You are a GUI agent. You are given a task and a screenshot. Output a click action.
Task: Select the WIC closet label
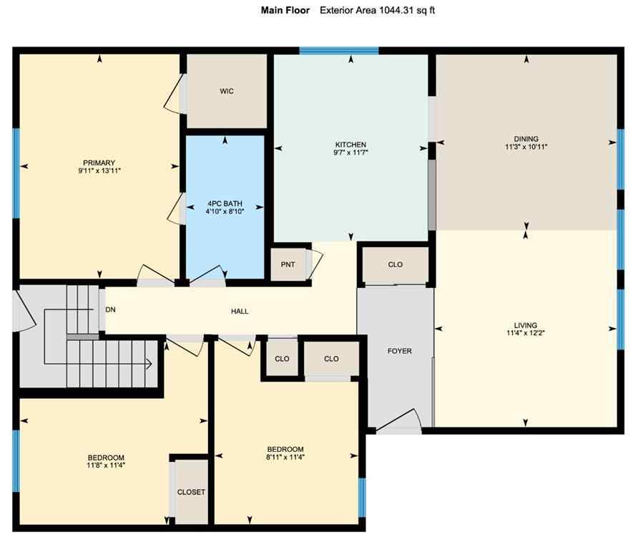point(227,91)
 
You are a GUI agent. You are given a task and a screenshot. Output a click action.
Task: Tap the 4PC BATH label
point(226,203)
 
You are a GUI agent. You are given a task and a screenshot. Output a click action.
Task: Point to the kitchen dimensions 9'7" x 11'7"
point(351,153)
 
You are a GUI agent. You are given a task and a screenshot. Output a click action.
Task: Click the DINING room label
point(526,139)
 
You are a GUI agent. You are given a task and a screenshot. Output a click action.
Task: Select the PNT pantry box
point(288,265)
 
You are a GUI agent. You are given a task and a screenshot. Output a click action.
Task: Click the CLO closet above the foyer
point(395,264)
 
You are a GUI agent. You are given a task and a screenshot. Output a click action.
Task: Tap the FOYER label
point(399,351)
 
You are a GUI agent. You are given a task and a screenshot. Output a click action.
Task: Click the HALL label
point(240,312)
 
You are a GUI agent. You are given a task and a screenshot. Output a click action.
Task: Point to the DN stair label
point(111,310)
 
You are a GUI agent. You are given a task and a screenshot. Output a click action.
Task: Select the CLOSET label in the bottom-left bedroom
point(191,492)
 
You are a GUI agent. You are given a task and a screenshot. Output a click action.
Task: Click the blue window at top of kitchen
point(338,51)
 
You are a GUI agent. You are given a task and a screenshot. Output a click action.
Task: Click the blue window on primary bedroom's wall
point(16,172)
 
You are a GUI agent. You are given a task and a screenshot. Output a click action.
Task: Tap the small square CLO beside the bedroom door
point(282,359)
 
